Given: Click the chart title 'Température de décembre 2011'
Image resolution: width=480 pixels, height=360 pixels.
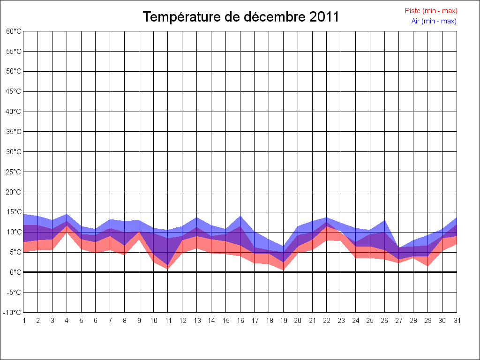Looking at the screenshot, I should (x=240, y=17).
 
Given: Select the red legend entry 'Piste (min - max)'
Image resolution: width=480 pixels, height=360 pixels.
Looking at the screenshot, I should (x=431, y=11).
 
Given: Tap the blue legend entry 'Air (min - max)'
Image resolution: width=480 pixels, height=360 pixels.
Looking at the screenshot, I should (x=434, y=21).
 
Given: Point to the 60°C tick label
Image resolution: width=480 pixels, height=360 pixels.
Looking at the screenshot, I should (x=14, y=31).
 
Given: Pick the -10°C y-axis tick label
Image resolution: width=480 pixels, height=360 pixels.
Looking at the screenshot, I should (x=13, y=312).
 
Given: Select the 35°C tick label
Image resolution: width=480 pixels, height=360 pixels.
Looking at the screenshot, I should (x=14, y=132).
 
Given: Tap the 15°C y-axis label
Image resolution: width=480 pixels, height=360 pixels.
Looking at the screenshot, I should (x=14, y=212).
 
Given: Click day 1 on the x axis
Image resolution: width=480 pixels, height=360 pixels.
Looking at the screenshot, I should (x=23, y=321).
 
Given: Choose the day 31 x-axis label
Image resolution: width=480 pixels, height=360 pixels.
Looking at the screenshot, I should (x=457, y=321).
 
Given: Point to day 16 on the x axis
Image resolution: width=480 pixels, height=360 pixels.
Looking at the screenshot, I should (x=240, y=321).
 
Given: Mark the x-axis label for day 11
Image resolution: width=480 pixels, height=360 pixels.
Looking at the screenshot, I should (x=168, y=321).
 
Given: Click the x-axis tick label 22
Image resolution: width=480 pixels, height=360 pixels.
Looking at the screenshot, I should (x=327, y=321).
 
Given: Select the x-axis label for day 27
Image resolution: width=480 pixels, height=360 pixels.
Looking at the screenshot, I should (x=399, y=321).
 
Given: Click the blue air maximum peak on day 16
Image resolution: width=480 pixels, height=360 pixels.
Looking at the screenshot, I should (x=240, y=216).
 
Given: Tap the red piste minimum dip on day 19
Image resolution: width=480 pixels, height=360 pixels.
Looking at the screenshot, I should (x=284, y=270).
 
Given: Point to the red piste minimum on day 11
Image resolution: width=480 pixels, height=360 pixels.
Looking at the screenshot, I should (x=168, y=269).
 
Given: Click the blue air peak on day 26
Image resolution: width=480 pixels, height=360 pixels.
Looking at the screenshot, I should (x=385, y=220).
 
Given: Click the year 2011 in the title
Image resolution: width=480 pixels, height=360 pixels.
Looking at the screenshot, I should (x=324, y=17).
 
